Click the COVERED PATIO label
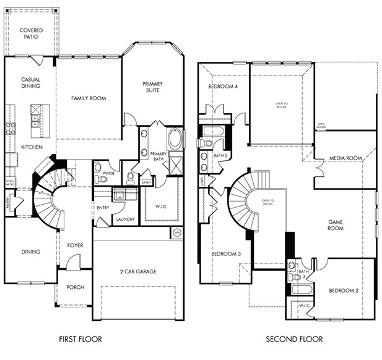(x=30, y=33)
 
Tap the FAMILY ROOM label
(x=88, y=98)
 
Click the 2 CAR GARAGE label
(x=137, y=271)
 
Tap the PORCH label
(x=75, y=288)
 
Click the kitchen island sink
(x=36, y=120)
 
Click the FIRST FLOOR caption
(x=80, y=339)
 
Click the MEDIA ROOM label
(x=345, y=158)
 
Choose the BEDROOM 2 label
(x=344, y=291)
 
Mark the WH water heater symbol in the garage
(x=177, y=233)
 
